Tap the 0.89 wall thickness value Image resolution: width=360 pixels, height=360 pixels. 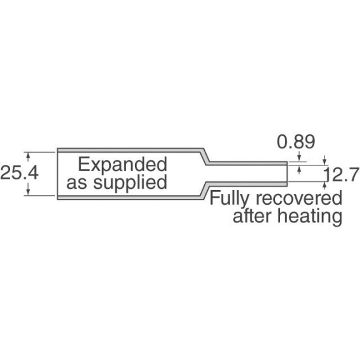point(296,142)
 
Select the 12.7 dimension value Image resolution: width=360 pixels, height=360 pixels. point(342,174)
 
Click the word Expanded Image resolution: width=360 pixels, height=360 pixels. point(122,164)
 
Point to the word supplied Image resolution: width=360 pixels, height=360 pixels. point(130,183)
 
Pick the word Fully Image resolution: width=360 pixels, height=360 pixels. point(229,199)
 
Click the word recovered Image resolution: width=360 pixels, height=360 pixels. point(299,198)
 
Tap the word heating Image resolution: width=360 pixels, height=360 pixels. point(310,217)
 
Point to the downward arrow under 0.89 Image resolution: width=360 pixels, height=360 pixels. point(299,157)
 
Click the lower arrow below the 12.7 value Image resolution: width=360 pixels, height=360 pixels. point(325,185)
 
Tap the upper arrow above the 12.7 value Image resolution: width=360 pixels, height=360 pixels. point(325,160)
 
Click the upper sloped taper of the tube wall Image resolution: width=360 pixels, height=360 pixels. point(206,156)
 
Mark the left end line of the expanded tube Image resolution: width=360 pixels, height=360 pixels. point(58,174)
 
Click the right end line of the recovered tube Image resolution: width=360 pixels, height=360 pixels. point(287,174)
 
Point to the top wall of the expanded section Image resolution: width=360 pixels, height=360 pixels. point(130,150)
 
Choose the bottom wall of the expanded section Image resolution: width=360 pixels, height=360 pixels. point(129,198)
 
